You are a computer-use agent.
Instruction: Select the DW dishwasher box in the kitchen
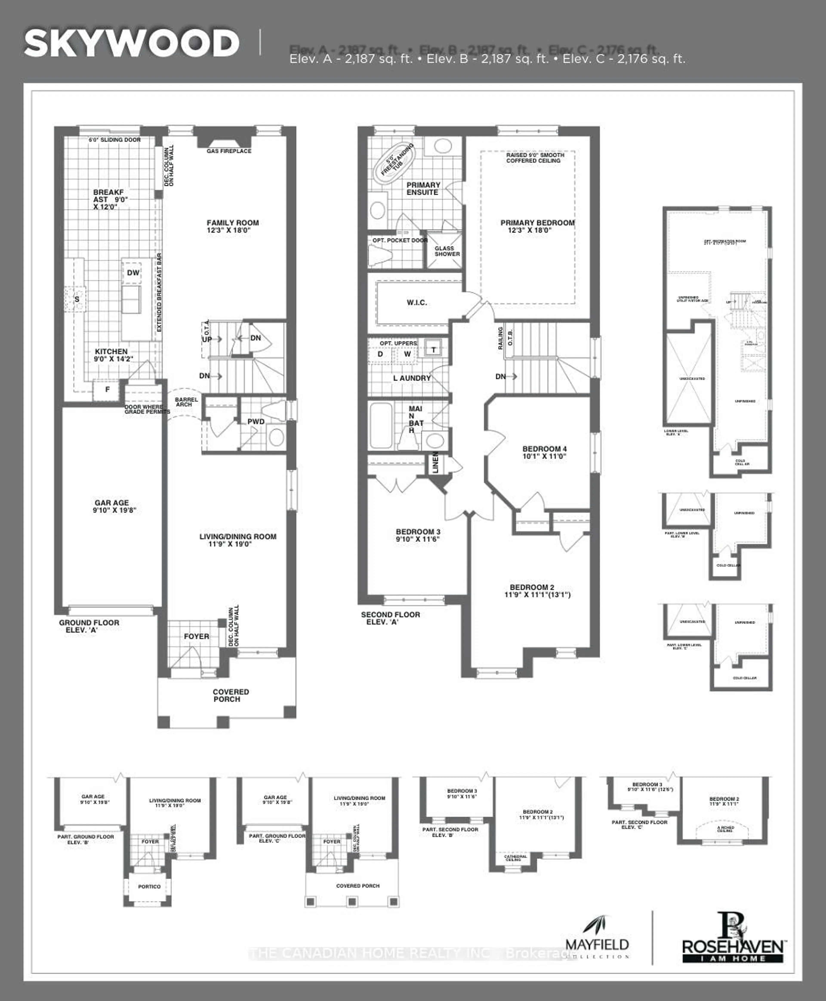[x=133, y=272]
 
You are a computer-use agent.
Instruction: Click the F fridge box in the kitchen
[x=108, y=390]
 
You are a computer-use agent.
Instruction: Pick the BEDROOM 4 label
[x=544, y=452]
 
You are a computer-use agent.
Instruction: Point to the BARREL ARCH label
[x=186, y=402]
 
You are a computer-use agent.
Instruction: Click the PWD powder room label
[x=256, y=421]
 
